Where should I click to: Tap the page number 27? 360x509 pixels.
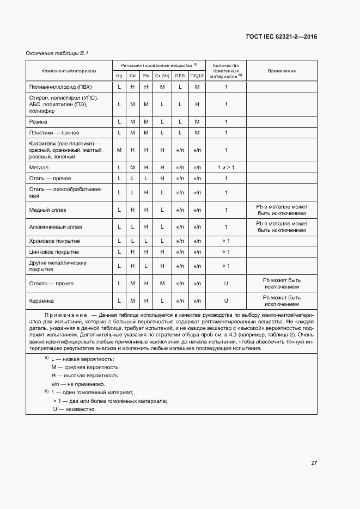[x=314, y=463]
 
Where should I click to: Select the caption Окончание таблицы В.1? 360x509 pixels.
[x=57, y=53]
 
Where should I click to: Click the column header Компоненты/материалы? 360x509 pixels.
[x=69, y=71]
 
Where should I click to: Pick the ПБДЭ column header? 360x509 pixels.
[x=197, y=76]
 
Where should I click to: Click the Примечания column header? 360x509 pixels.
[x=282, y=71]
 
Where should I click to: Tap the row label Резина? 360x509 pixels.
[x=38, y=121]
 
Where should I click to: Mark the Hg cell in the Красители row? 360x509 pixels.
[x=119, y=150]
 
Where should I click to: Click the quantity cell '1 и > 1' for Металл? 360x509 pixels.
[x=226, y=167]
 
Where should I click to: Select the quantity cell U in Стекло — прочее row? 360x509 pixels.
[x=226, y=283]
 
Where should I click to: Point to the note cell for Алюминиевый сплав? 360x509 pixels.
[x=282, y=226]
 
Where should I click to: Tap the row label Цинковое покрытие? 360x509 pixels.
[x=54, y=252]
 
